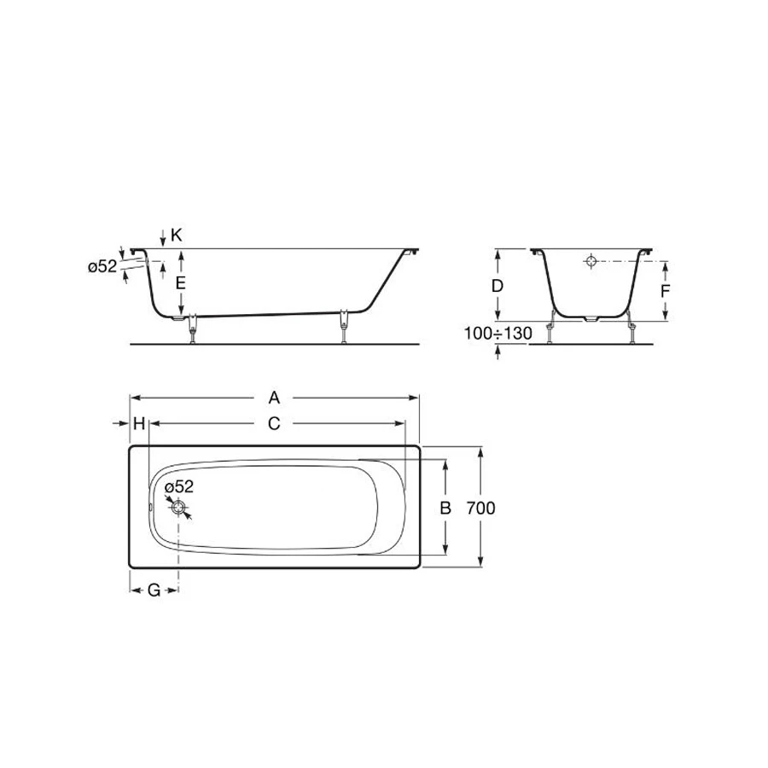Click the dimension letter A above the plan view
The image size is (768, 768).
tap(274, 398)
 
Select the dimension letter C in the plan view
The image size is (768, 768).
tap(274, 423)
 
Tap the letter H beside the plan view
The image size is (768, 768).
tap(139, 423)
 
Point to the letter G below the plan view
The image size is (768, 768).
tap(154, 591)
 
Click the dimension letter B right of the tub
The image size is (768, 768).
tap(445, 508)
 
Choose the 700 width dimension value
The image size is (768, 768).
tap(480, 509)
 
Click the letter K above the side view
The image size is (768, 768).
tap(177, 236)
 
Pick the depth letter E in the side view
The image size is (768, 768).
tap(180, 283)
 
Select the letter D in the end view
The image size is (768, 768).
tap(497, 286)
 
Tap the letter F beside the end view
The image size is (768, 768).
tap(665, 292)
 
